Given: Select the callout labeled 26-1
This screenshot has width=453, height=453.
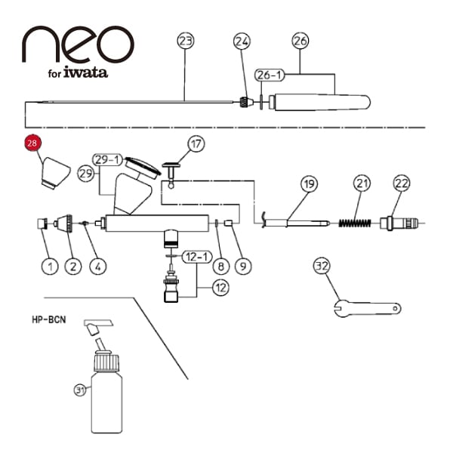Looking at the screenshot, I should tap(270, 75).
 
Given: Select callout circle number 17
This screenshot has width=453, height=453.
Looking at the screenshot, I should tap(196, 143).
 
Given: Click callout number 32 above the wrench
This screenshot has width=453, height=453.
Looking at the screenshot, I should tap(322, 267).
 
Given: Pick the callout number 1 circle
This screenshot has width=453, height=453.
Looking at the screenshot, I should tap(51, 266).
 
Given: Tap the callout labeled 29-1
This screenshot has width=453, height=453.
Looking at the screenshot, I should tap(108, 159).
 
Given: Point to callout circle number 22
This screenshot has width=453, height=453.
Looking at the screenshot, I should tap(401, 184).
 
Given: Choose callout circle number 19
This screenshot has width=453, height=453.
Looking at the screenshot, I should tap(310, 184).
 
